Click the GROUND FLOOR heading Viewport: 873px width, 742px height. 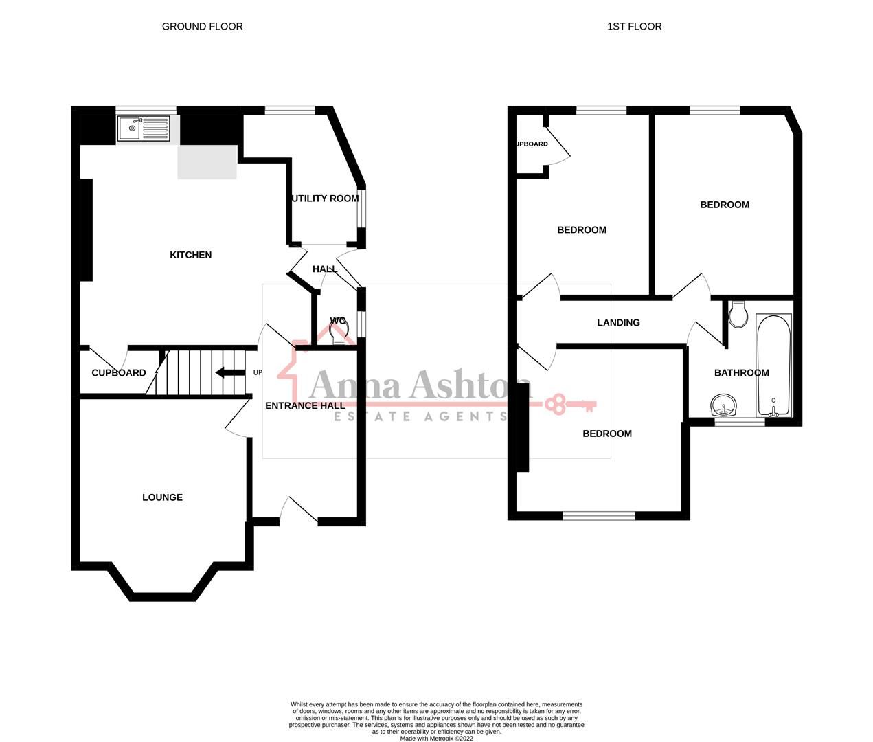click(x=202, y=27)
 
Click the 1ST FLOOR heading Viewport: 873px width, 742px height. click(x=634, y=27)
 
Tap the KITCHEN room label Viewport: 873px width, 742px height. click(x=191, y=255)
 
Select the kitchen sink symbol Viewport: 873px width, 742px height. click(x=143, y=128)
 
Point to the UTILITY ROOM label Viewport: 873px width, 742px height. click(x=326, y=199)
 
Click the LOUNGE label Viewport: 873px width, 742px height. click(x=162, y=497)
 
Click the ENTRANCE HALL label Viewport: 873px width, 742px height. click(x=305, y=405)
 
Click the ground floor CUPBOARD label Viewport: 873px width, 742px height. click(x=119, y=373)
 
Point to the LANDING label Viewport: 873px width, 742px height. click(x=618, y=322)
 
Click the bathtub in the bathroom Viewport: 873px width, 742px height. click(x=774, y=365)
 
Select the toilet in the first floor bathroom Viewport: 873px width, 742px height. click(x=739, y=315)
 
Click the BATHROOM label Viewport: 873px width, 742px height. click(x=741, y=373)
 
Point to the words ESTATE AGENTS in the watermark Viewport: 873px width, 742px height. click(x=420, y=416)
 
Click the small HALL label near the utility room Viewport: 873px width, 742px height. click(x=325, y=269)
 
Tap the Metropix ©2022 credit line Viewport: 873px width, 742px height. click(x=436, y=739)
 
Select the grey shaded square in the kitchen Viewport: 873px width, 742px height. click(x=207, y=162)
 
